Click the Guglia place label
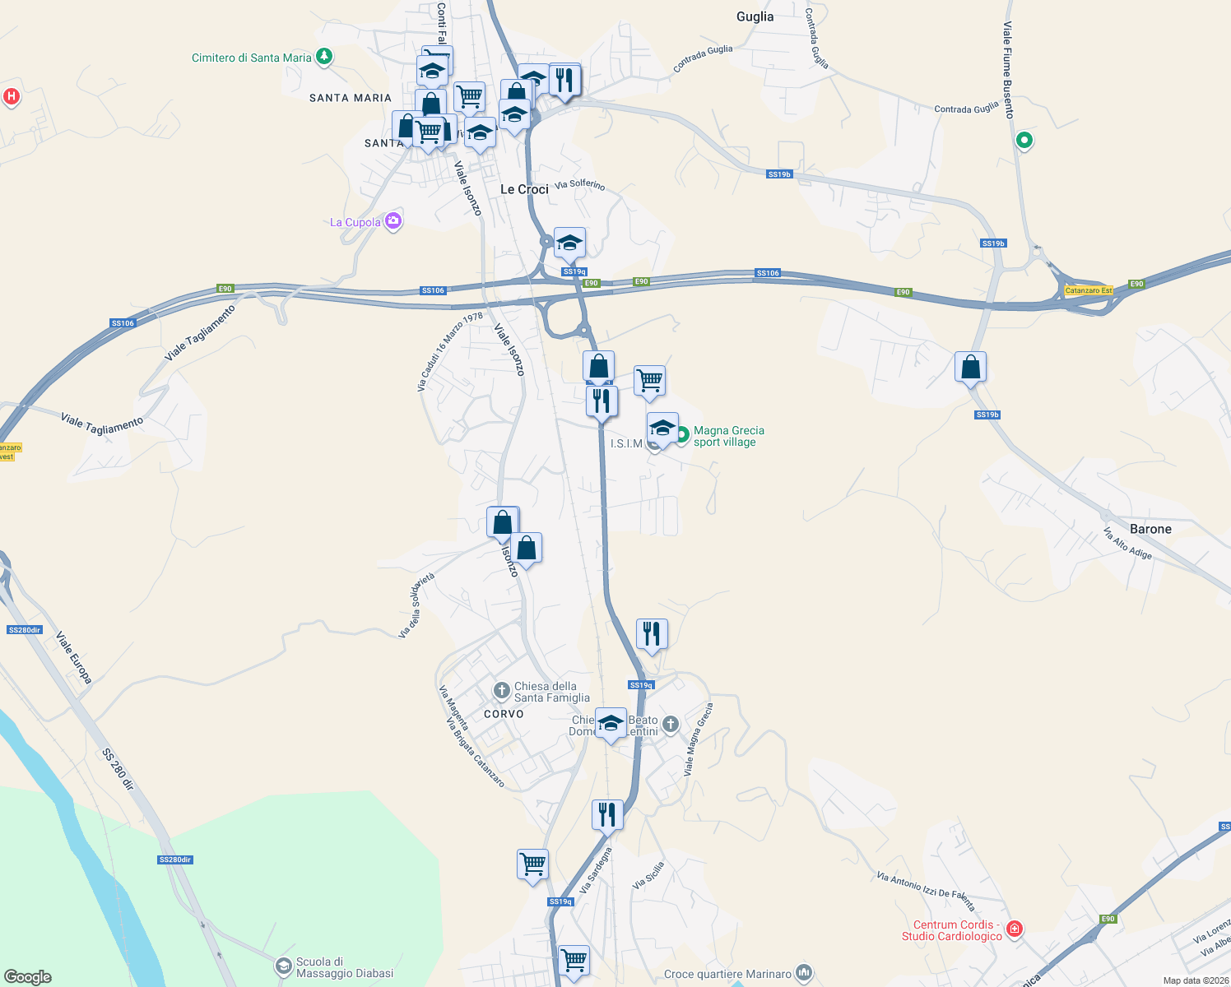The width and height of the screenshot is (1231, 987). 755,16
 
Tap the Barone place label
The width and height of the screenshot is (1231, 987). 1150,529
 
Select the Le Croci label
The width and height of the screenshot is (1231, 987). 524,189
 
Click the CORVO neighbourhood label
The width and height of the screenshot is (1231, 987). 504,714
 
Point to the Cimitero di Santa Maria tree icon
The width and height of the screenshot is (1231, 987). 324,57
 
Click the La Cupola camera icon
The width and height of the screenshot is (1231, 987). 393,220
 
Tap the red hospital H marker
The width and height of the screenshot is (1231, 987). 12,96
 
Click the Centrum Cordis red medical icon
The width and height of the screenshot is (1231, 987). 1015,929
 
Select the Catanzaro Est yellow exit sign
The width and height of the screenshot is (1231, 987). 1089,290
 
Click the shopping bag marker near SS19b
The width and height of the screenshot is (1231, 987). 970,367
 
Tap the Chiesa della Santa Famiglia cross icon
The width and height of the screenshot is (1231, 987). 501,689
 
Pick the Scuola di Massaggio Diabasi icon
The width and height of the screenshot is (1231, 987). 283,966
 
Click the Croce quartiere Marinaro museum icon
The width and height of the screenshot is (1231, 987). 804,973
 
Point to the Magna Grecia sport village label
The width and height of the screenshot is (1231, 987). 728,436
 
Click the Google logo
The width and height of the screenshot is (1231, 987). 28,976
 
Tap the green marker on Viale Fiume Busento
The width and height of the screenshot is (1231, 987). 1024,141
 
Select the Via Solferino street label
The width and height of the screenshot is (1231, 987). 579,184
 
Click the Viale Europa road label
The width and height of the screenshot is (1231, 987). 74,658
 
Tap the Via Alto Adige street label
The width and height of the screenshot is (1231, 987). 1127,544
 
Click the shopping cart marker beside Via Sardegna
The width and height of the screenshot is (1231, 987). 532,865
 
